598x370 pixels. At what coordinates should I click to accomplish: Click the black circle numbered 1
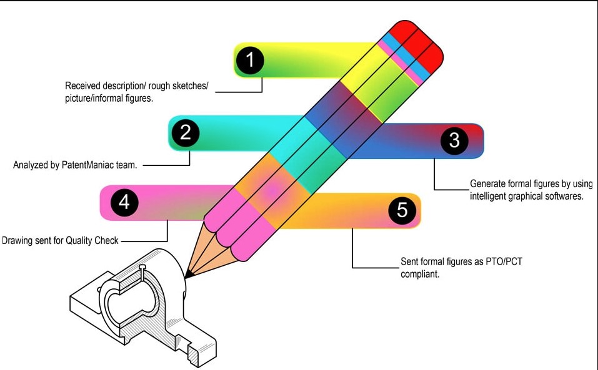pyautogui.click(x=250, y=61)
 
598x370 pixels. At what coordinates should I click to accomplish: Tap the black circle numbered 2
pyautogui.click(x=185, y=132)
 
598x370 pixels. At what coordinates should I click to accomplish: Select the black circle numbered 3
pyautogui.click(x=454, y=140)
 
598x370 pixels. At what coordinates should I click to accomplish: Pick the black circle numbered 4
pyautogui.click(x=124, y=202)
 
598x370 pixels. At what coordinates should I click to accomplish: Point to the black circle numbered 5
pyautogui.click(x=402, y=210)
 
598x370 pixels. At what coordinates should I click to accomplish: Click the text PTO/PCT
pyautogui.click(x=503, y=261)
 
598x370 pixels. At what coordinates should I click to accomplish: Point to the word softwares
pyautogui.click(x=563, y=196)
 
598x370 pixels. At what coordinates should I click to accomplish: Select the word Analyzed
pyautogui.click(x=31, y=165)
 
